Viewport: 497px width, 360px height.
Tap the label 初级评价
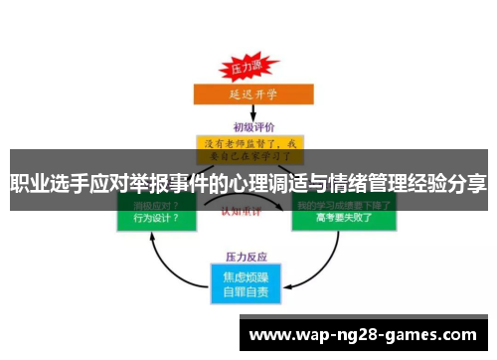pos(248,126)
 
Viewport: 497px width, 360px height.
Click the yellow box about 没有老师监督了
pos(248,150)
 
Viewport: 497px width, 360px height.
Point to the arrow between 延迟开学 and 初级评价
pos(248,112)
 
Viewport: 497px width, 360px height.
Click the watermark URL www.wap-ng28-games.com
pos(364,335)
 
